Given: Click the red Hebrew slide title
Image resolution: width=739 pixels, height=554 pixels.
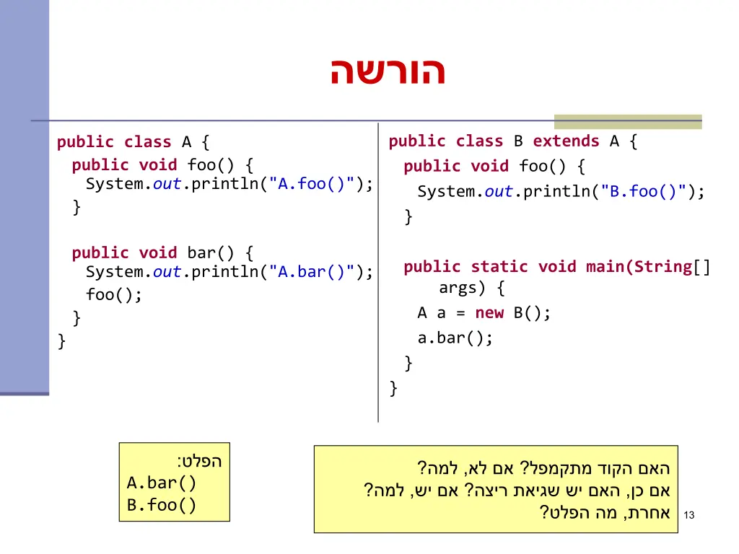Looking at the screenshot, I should [x=388, y=72].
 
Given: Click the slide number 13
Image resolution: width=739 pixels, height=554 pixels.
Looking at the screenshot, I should [x=688, y=515].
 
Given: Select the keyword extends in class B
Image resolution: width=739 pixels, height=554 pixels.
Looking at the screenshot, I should [x=566, y=141].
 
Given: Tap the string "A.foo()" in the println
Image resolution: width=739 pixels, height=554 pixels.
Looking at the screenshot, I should [x=312, y=184].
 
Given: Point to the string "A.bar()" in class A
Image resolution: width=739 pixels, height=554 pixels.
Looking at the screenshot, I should [x=312, y=272].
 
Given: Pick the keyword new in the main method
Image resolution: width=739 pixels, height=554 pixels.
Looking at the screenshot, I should [x=489, y=313].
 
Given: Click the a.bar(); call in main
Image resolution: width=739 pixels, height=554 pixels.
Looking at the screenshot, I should [x=455, y=338].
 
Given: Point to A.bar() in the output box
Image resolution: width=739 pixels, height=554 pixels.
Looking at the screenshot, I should [x=162, y=483].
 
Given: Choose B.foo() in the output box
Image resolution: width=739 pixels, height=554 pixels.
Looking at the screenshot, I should [x=162, y=505].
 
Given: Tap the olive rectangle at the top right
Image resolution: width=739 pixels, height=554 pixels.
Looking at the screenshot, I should [x=627, y=121].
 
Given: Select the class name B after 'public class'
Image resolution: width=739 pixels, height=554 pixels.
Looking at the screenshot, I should [x=518, y=141].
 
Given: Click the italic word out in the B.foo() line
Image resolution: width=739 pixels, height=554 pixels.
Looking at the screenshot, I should [x=499, y=192].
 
